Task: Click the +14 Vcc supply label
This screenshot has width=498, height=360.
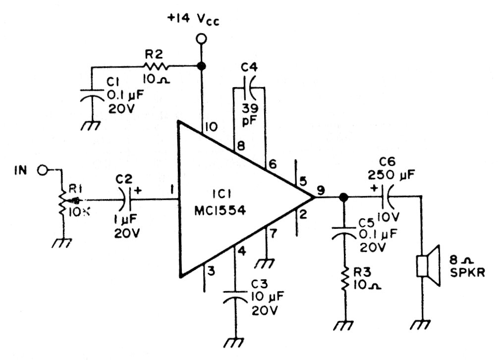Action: (194, 21)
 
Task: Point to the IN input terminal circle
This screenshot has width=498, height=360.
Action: (43, 170)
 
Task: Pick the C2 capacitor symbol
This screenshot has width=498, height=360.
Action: (127, 200)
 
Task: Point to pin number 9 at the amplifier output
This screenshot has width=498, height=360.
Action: (322, 189)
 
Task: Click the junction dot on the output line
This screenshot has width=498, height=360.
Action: (342, 198)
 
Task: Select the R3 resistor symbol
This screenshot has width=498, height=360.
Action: (342, 280)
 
